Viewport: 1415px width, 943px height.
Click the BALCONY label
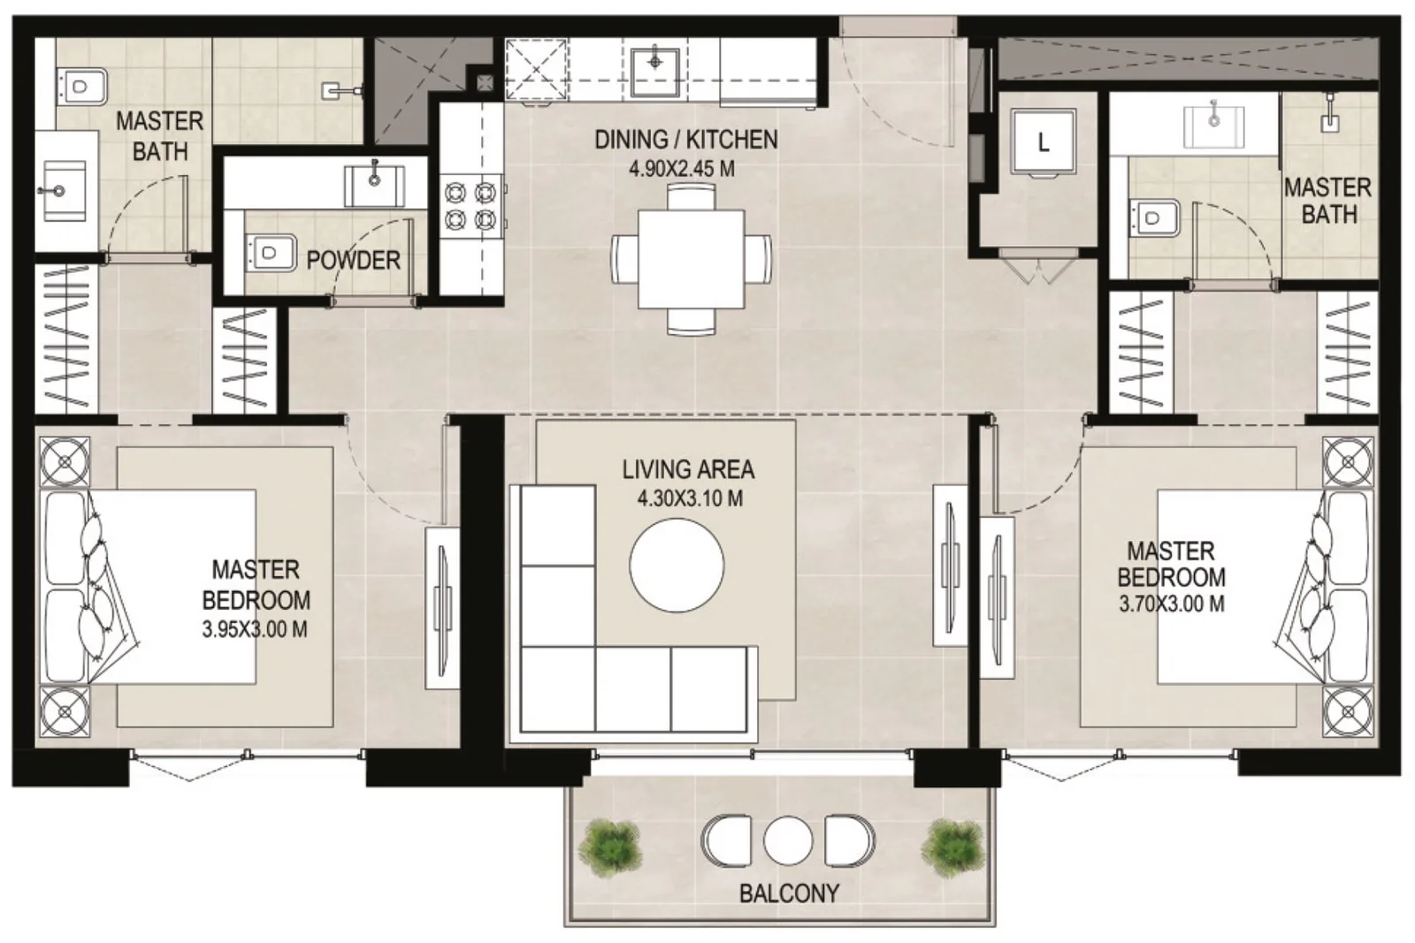pyautogui.click(x=789, y=894)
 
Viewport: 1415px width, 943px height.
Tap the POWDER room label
pyautogui.click(x=353, y=260)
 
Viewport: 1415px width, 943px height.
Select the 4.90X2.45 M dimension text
pyautogui.click(x=682, y=169)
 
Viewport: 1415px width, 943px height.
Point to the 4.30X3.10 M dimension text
pyautogui.click(x=689, y=498)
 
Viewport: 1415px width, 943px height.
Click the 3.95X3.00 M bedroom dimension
pyautogui.click(x=255, y=629)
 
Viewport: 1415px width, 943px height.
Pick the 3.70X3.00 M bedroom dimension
pyautogui.click(x=1172, y=604)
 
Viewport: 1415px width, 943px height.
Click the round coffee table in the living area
pyautogui.click(x=677, y=565)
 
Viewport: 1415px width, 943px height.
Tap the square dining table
pyautogui.click(x=691, y=260)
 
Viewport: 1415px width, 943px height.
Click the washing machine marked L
pyautogui.click(x=1043, y=141)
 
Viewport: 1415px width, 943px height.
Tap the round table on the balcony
pyautogui.click(x=788, y=840)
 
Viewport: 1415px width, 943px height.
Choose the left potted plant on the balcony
pyautogui.click(x=610, y=848)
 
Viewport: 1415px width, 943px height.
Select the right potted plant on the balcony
pyautogui.click(x=952, y=848)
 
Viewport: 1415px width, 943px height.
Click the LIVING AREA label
pyautogui.click(x=688, y=469)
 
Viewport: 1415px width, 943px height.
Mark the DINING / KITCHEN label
pyautogui.click(x=686, y=140)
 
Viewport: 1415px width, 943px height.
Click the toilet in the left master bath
pyautogui.click(x=82, y=87)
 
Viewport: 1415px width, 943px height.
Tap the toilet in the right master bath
pyautogui.click(x=1154, y=217)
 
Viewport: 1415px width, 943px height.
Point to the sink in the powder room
pyautogui.click(x=375, y=186)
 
